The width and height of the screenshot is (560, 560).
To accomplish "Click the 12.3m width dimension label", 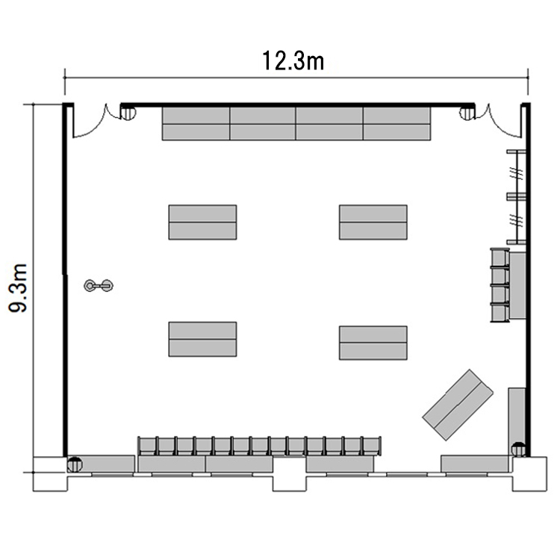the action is (x=293, y=60).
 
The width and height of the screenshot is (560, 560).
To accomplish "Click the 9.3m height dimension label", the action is (x=18, y=288).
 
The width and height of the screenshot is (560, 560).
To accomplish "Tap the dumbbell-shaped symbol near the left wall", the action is (x=99, y=285).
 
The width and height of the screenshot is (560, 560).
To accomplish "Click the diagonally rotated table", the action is (x=458, y=405).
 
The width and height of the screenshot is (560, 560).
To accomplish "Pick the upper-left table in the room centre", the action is (x=202, y=223).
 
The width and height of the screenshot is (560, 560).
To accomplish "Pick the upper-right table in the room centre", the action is (x=373, y=223).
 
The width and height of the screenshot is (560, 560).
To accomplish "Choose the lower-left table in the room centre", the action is (x=202, y=339).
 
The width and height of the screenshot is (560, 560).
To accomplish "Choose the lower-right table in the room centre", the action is (x=373, y=343).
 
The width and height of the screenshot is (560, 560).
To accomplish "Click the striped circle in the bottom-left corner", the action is (x=75, y=464).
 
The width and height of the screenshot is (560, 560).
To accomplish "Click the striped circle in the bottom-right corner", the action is (x=519, y=449).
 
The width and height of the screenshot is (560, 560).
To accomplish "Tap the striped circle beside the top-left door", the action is (x=128, y=112).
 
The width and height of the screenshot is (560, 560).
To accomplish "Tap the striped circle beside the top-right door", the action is (x=467, y=112).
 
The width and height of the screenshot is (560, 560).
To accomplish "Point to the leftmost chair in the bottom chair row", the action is (x=147, y=446).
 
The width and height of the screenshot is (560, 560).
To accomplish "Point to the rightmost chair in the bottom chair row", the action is (x=371, y=446).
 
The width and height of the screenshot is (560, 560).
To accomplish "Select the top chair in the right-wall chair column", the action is (x=500, y=257).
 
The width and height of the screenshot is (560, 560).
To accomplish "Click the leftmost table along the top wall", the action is (x=196, y=123).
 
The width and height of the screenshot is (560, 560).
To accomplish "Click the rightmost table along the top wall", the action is (x=397, y=123).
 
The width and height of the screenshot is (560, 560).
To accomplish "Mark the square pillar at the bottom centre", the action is (x=290, y=473).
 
